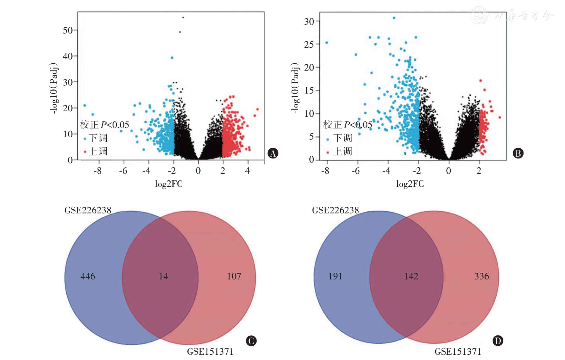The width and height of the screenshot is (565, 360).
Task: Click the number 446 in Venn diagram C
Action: (88, 276)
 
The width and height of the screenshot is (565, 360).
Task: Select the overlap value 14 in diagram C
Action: (163, 276)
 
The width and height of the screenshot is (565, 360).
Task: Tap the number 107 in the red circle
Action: (234, 276)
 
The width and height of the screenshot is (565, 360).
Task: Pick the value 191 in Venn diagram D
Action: (335, 276)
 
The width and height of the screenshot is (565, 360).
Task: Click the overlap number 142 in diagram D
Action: (411, 276)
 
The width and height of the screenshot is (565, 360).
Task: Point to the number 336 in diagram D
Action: (481, 276)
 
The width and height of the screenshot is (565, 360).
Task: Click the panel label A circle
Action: (273, 153)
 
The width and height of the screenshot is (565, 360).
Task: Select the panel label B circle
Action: (518, 153)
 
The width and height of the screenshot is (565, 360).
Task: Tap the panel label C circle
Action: (251, 341)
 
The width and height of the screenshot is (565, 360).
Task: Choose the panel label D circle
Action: (498, 341)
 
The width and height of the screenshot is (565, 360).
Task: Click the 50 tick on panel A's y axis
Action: (68, 30)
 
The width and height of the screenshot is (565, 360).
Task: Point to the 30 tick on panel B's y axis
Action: (309, 21)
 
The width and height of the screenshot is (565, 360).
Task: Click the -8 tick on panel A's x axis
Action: (97, 171)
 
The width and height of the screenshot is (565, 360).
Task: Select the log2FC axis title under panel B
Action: (410, 184)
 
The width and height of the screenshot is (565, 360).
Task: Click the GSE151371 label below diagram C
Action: (210, 352)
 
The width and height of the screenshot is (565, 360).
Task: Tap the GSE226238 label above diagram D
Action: (335, 210)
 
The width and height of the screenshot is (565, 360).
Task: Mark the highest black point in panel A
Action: (183, 17)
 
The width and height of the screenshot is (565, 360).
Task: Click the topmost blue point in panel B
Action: (394, 18)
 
